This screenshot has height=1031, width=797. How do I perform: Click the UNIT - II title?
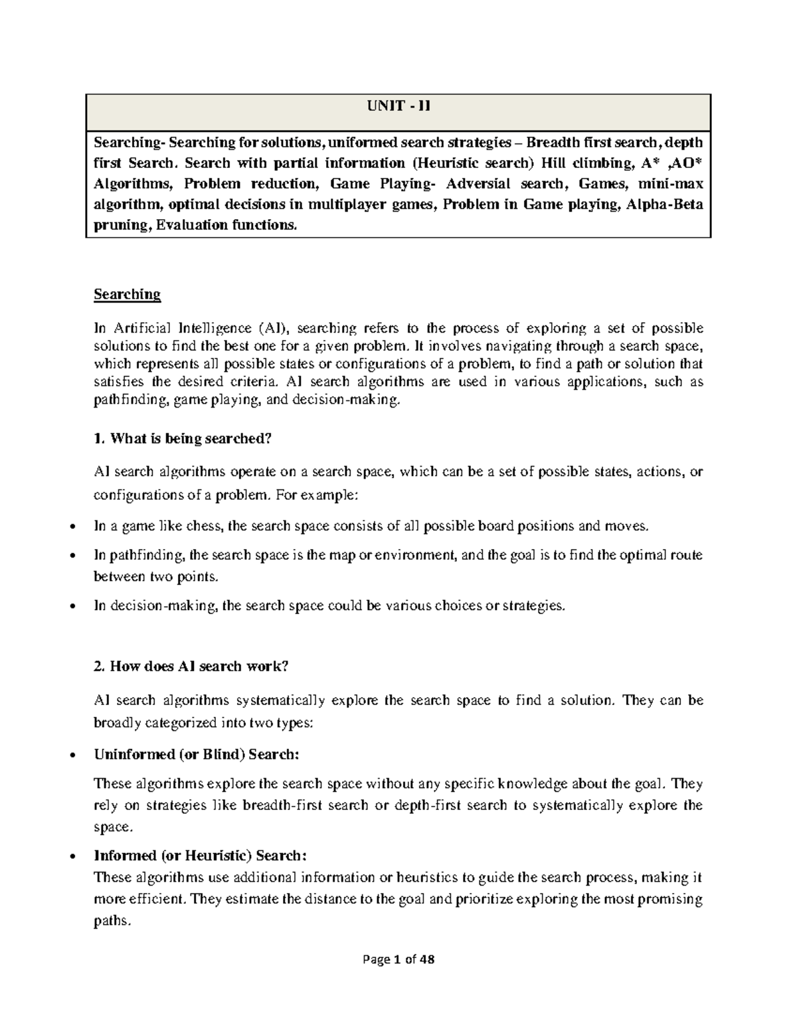point(399,106)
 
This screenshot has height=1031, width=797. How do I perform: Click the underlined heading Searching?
point(128,293)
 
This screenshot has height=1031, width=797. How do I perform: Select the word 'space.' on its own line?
point(114,827)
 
